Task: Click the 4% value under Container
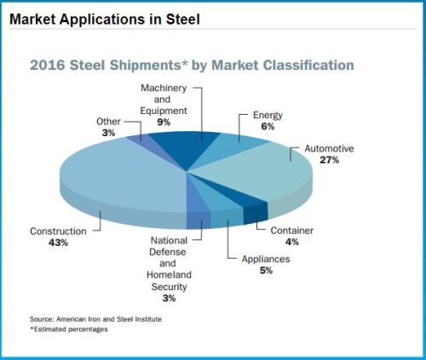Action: (292, 242)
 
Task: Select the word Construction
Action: (58, 231)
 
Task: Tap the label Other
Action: (108, 122)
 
